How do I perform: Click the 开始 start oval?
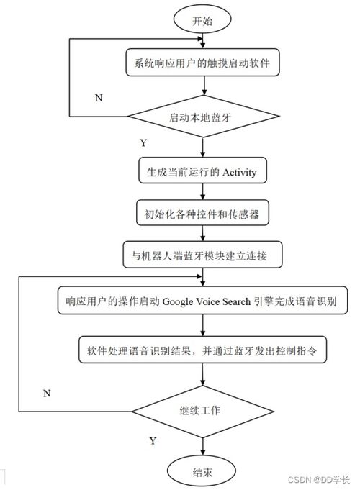click(202, 19)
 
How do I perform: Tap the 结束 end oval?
click(202, 471)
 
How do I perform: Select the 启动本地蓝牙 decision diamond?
click(204, 117)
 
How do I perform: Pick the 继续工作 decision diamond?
click(202, 412)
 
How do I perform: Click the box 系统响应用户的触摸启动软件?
click(202, 62)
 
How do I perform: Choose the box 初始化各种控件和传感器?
click(202, 213)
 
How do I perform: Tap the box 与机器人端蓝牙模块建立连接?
click(202, 255)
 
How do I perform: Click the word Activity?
click(239, 172)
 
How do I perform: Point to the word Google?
click(178, 302)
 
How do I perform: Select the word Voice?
click(208, 301)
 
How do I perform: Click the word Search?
click(236, 301)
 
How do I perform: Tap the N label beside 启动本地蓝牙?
click(99, 98)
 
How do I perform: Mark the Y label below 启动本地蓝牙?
click(143, 142)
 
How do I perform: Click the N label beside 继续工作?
click(47, 393)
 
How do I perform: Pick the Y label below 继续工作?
click(153, 441)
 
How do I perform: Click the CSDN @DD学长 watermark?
click(318, 480)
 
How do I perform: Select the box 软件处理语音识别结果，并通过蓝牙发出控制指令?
click(202, 350)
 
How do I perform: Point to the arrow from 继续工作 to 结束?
click(202, 447)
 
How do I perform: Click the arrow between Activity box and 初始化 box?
click(202, 191)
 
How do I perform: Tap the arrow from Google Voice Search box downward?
click(202, 325)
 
